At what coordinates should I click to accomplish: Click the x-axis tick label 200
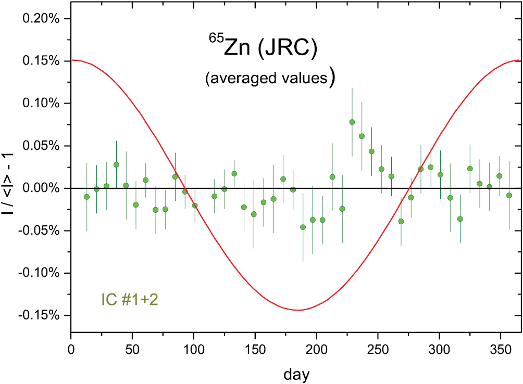[316, 347]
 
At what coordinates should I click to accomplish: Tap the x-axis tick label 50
[132, 347]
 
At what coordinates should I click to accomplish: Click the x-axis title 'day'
[298, 373]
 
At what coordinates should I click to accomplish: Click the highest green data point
[352, 122]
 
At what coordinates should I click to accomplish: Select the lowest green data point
[303, 227]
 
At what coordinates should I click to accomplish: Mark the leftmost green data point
[86, 197]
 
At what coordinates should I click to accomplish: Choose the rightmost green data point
[509, 196]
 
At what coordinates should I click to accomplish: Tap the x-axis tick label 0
[71, 347]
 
